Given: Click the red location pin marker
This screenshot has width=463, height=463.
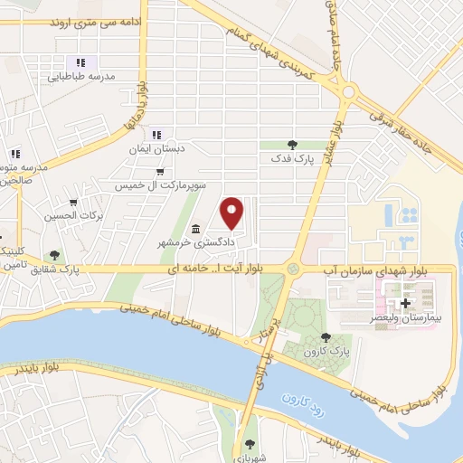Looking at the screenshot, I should click(x=232, y=212).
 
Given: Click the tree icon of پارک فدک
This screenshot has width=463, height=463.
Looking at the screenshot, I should click(x=291, y=144).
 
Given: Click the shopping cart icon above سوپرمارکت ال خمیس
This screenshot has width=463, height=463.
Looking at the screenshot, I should click(x=160, y=171).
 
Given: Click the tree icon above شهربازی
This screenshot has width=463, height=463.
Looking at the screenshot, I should click(x=250, y=444).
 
